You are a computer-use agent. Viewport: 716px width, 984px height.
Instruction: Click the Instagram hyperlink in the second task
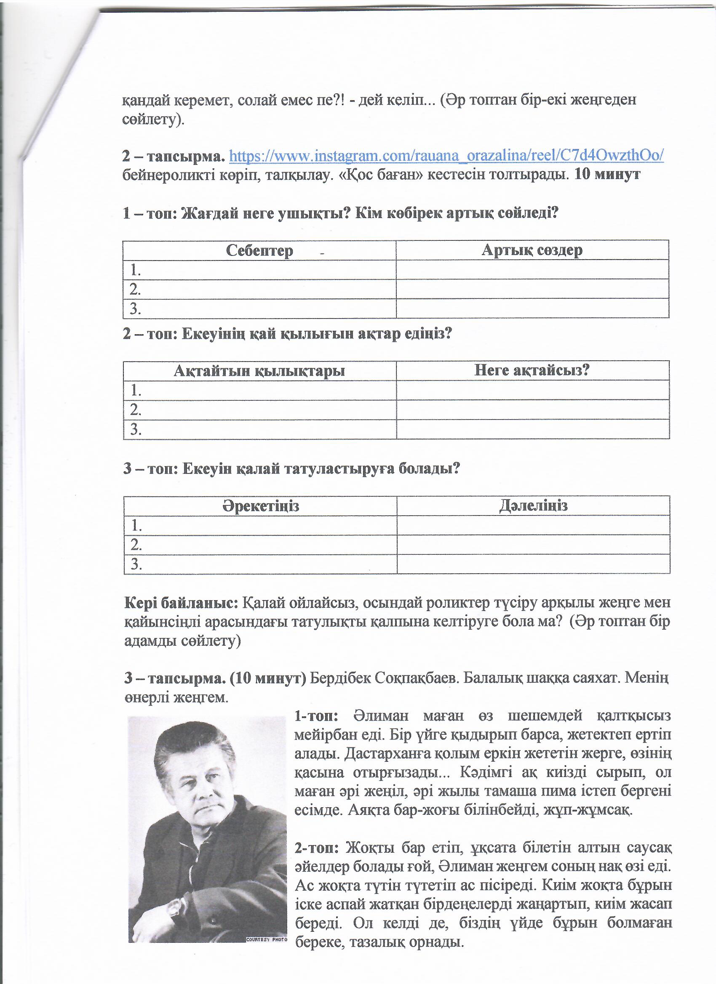[446, 156]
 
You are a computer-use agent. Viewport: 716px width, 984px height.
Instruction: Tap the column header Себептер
[259, 251]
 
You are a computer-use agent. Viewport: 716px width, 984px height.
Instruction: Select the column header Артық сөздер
[532, 250]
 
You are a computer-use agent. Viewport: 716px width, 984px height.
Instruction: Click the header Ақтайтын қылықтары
[259, 371]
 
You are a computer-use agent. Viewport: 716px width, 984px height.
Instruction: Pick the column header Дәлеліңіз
[533, 506]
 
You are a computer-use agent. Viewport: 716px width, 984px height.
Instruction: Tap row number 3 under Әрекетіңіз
[136, 564]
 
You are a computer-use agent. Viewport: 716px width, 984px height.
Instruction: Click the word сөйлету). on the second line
[153, 120]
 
